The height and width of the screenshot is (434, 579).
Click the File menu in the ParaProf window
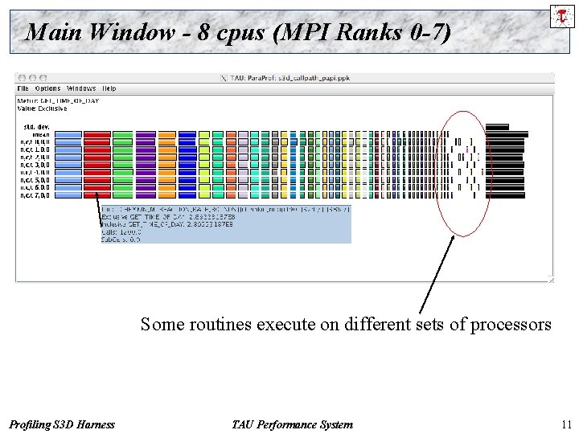pyautogui.click(x=23, y=88)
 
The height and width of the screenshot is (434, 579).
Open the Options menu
pyautogui.click(x=47, y=88)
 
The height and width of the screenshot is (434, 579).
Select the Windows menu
pyautogui.click(x=81, y=88)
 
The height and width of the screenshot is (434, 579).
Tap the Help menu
pyautogui.click(x=109, y=88)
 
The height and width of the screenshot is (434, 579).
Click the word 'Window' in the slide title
pyautogui.click(x=129, y=32)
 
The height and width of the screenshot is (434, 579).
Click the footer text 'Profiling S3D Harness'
pyautogui.click(x=62, y=424)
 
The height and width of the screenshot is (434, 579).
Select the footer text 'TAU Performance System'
pyautogui.click(x=291, y=424)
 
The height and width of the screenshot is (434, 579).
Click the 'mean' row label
pyautogui.click(x=40, y=134)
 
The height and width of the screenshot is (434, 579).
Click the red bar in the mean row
pyautogui.click(x=97, y=134)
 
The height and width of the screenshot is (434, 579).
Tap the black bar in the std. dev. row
pyautogui.click(x=497, y=126)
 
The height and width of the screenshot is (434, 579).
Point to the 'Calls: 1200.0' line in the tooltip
pyautogui.click(x=121, y=231)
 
